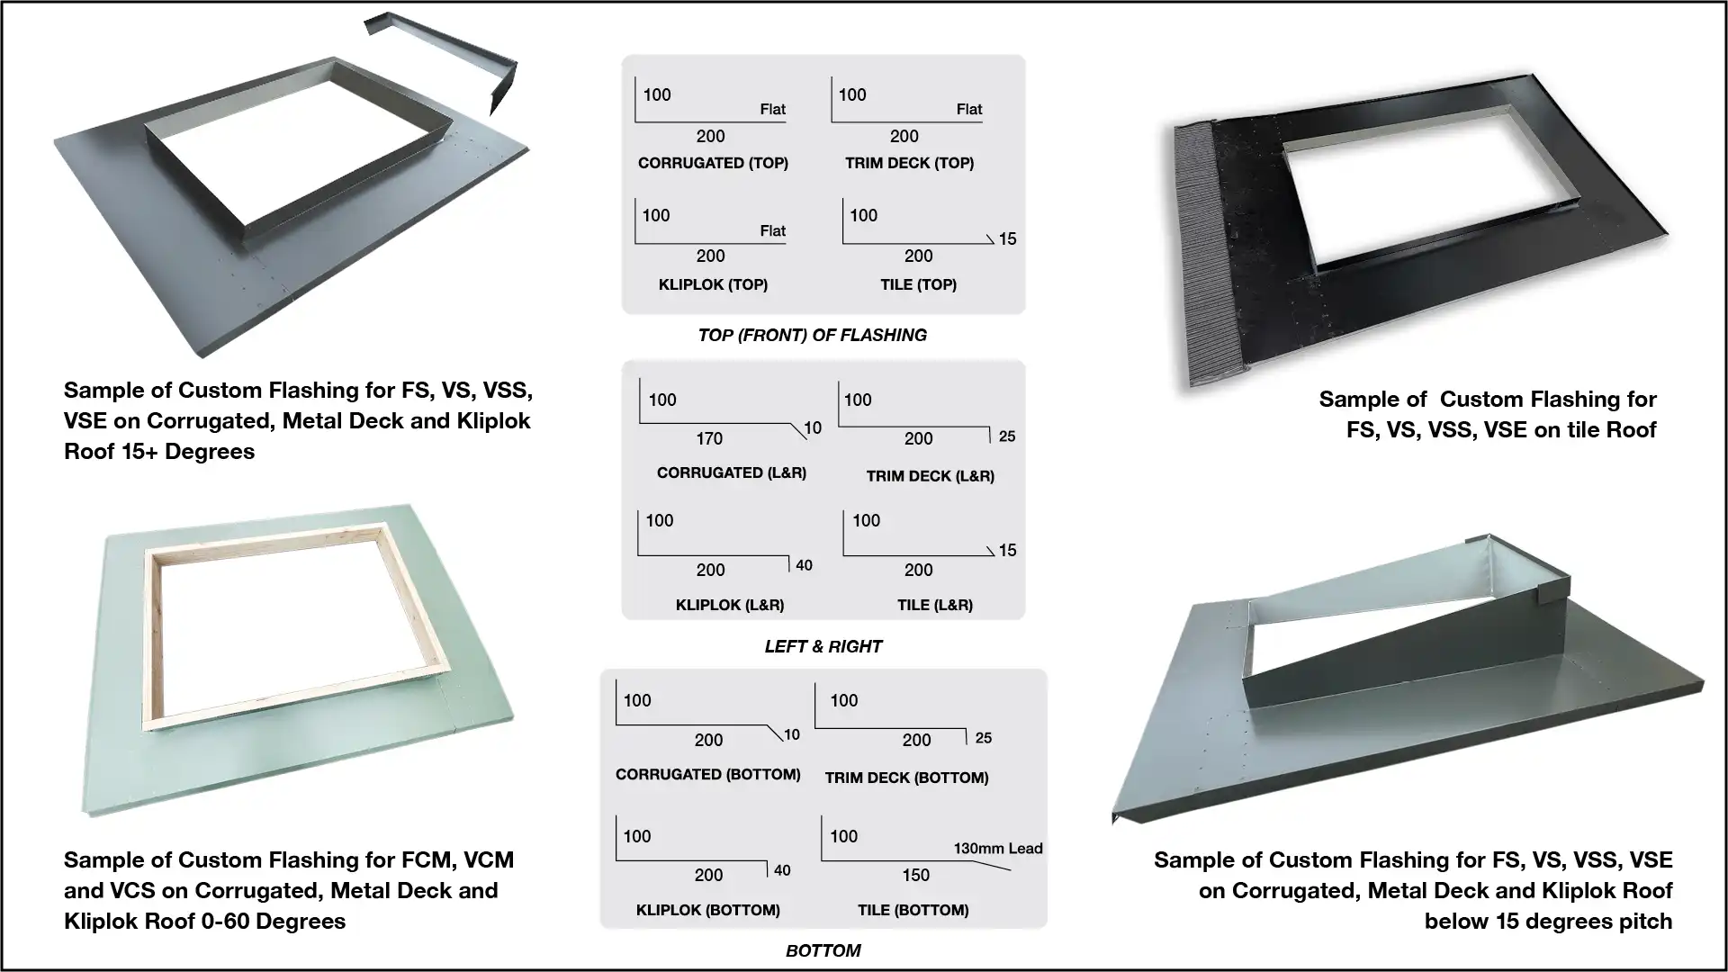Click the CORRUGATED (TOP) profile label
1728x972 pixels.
click(x=713, y=163)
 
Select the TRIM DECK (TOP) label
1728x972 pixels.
click(x=909, y=163)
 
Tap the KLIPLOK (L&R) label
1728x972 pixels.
click(x=730, y=605)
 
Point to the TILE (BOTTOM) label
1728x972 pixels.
click(x=913, y=910)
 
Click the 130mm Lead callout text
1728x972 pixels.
click(x=997, y=848)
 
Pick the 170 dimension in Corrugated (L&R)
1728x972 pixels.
click(x=709, y=438)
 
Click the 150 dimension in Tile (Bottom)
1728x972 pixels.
click(x=915, y=875)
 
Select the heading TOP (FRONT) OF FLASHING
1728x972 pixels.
click(x=812, y=335)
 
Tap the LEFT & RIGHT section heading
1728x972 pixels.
click(x=823, y=646)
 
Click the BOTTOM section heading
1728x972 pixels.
click(x=823, y=950)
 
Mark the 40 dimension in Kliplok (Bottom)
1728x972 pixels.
click(x=782, y=870)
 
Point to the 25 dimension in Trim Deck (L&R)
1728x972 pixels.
click(x=1007, y=436)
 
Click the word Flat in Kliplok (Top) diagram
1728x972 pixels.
click(x=772, y=230)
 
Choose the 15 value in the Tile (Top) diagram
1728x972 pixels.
click(x=1007, y=238)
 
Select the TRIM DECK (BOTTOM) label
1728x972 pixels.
click(x=906, y=778)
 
